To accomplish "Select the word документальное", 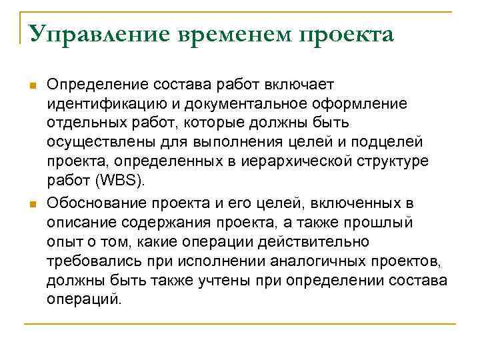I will pos(254,104).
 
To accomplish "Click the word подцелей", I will pos(397,143).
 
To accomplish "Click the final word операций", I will pos(83,299).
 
